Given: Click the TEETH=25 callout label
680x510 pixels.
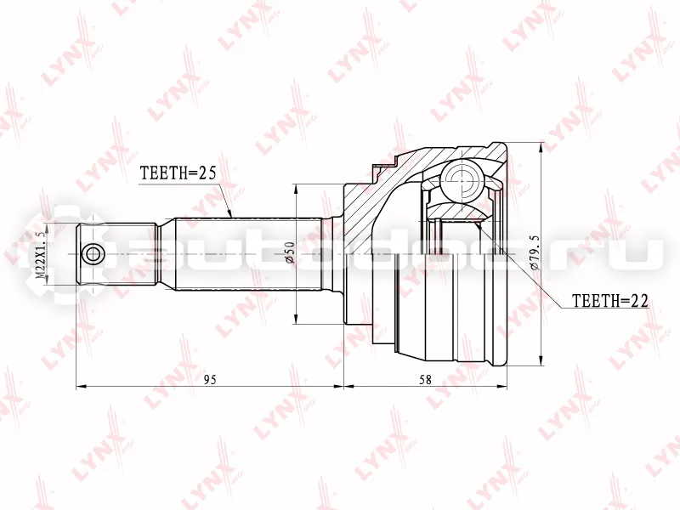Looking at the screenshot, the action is pos(178,173).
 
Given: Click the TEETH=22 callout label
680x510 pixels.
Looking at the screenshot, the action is pos(610,301).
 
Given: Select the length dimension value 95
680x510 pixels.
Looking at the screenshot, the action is pos(210,380).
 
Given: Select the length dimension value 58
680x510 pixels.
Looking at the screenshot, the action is pos(426,380).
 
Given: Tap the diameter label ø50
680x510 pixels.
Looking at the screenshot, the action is pos(290,252).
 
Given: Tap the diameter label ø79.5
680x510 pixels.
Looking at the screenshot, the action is pos(535,252).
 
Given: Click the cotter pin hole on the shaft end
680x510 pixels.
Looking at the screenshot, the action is pos(93,253).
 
